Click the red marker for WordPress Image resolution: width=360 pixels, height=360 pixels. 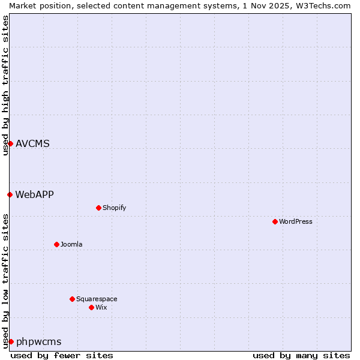tap(275, 221)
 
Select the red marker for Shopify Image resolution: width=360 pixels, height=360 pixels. tap(98, 208)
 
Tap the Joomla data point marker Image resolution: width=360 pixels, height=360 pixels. tap(57, 244)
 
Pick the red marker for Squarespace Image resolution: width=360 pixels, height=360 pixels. tap(72, 299)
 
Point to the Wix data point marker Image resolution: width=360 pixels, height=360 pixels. tap(91, 307)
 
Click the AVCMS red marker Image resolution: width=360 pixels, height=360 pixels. tap(10, 143)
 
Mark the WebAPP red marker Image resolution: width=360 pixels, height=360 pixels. tap(10, 194)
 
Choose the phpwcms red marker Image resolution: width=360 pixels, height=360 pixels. tap(11, 341)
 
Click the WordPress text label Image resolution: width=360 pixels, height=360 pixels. tap(296, 221)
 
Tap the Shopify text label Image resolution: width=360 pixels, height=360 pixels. tap(114, 208)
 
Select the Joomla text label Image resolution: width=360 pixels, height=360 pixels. tap(71, 244)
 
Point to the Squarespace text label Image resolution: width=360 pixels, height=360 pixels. tap(97, 299)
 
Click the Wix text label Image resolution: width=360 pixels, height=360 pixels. tap(101, 307)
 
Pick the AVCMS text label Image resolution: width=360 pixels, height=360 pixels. tap(33, 143)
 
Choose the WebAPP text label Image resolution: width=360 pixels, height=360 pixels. tap(35, 194)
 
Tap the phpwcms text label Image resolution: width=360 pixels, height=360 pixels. tap(39, 341)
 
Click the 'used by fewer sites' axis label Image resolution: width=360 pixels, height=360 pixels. tap(62, 355)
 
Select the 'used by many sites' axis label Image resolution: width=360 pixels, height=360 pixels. tap(301, 355)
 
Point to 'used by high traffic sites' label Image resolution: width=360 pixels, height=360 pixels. tap(5, 85)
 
